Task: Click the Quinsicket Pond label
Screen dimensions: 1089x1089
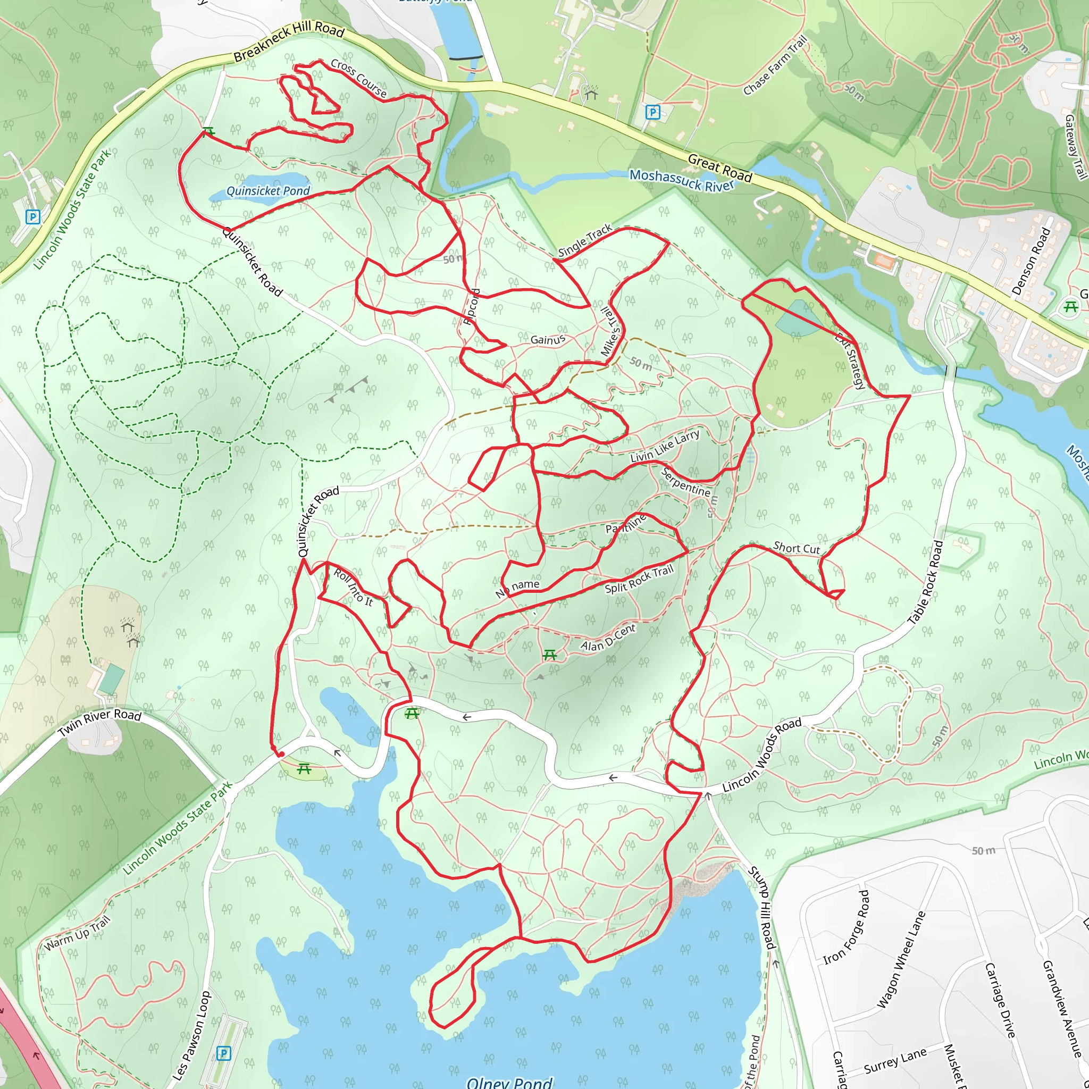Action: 268,191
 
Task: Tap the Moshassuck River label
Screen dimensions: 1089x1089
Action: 682,180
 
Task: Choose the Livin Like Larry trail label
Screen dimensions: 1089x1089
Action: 665,446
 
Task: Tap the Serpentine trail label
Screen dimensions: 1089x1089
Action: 685,482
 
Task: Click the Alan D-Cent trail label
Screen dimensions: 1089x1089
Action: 608,638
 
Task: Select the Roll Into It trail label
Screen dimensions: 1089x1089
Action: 354,588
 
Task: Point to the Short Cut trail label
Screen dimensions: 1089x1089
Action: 797,548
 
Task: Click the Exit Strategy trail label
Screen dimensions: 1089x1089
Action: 850,361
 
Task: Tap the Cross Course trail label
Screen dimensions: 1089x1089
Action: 359,78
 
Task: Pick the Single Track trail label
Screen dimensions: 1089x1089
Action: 585,240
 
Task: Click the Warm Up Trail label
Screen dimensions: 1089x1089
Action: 77,933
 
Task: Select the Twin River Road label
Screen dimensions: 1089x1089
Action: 100,723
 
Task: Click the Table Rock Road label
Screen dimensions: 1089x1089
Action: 926,582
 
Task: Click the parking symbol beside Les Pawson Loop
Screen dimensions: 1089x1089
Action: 224,1053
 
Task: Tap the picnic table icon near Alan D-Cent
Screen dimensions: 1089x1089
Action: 550,655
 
